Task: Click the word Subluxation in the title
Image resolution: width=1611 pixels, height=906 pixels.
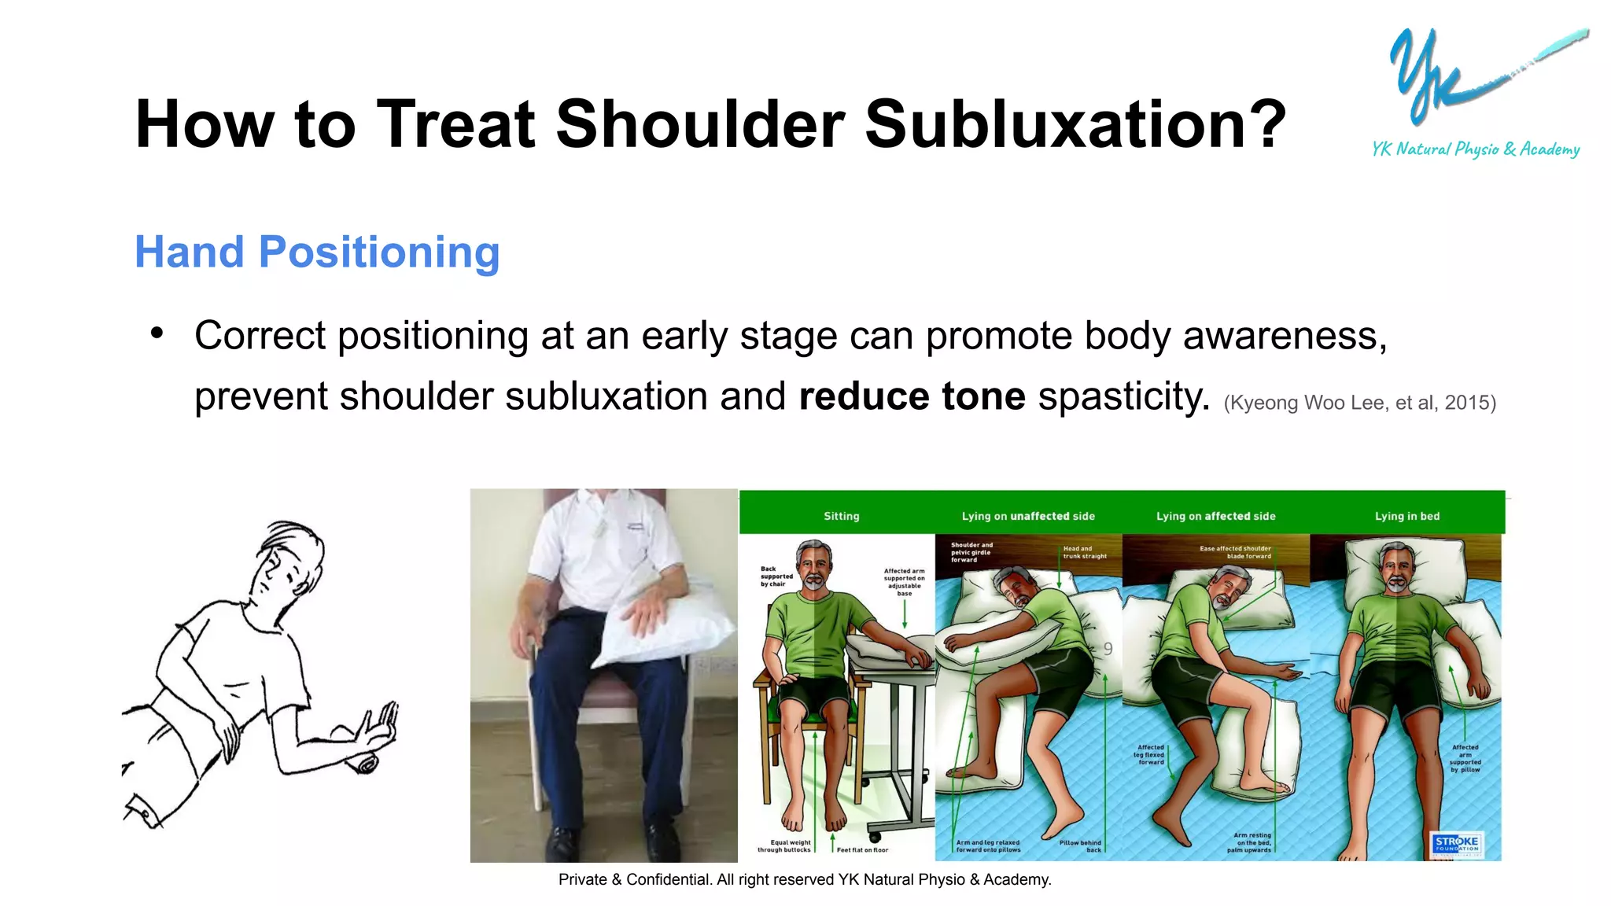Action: [1075, 124]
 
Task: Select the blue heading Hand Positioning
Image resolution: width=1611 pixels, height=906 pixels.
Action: [317, 252]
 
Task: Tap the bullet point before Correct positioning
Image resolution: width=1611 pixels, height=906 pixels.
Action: [157, 333]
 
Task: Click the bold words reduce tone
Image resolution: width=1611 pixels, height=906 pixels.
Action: [912, 396]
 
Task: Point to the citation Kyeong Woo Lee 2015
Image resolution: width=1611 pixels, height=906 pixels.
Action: [1359, 403]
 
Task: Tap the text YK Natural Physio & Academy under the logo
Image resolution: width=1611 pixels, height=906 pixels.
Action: [1476, 149]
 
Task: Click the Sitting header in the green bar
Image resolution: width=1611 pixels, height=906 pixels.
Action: [841, 516]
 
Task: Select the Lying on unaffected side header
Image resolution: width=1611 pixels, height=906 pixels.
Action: [1027, 516]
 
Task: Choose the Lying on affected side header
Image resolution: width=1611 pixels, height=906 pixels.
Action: [1215, 516]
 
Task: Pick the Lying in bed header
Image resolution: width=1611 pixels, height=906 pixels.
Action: [1406, 516]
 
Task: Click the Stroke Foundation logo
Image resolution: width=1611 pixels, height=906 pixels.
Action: [1456, 844]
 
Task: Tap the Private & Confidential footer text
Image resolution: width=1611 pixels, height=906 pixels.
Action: [804, 879]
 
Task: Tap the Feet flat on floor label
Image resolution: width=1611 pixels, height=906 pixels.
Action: [862, 849]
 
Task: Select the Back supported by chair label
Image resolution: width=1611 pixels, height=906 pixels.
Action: [776, 576]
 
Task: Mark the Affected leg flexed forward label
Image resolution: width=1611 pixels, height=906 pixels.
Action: [1149, 754]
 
